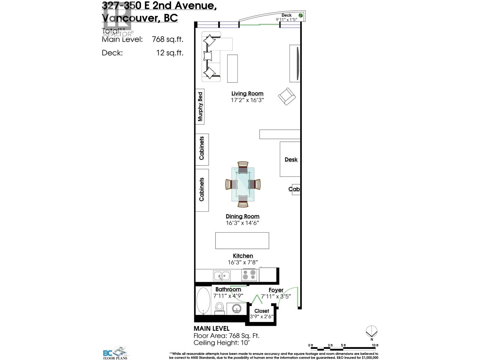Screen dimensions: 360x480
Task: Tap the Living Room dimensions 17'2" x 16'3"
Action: click(247, 100)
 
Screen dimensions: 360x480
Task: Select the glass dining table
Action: click(243, 184)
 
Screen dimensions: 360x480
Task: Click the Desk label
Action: click(291, 160)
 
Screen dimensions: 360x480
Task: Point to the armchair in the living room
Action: click(287, 96)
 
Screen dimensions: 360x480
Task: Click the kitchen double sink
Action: click(222, 275)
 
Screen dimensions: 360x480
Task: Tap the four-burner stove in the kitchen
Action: click(249, 275)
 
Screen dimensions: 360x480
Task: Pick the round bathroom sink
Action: click(237, 309)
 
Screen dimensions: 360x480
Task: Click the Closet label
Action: click(262, 311)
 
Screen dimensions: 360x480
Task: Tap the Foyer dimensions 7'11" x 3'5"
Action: click(276, 296)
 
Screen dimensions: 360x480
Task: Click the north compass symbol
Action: click(372, 332)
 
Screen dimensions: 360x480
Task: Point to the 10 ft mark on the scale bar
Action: click(375, 346)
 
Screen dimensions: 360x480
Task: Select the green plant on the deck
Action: click(300, 15)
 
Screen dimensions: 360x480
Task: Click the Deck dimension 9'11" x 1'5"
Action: click(286, 20)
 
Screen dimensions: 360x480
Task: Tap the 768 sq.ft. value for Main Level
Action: click(167, 39)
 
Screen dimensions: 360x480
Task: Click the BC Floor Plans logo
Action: click(115, 352)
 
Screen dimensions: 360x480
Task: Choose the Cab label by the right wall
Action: click(294, 189)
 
